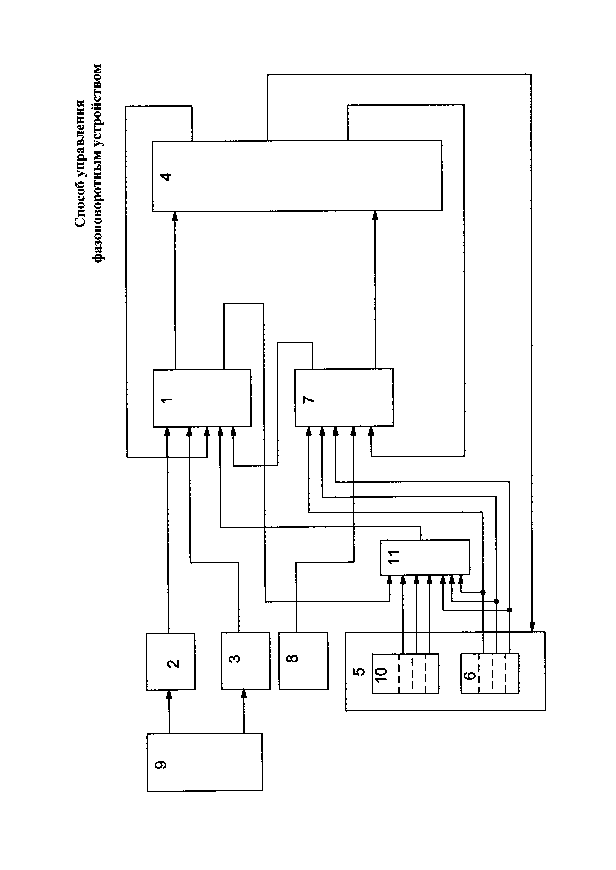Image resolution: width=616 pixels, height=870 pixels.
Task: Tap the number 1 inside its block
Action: pyautogui.click(x=166, y=400)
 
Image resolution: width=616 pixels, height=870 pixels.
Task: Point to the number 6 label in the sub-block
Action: pyautogui.click(x=470, y=675)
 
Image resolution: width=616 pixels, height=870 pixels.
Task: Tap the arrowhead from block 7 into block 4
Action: pyautogui.click(x=375, y=215)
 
